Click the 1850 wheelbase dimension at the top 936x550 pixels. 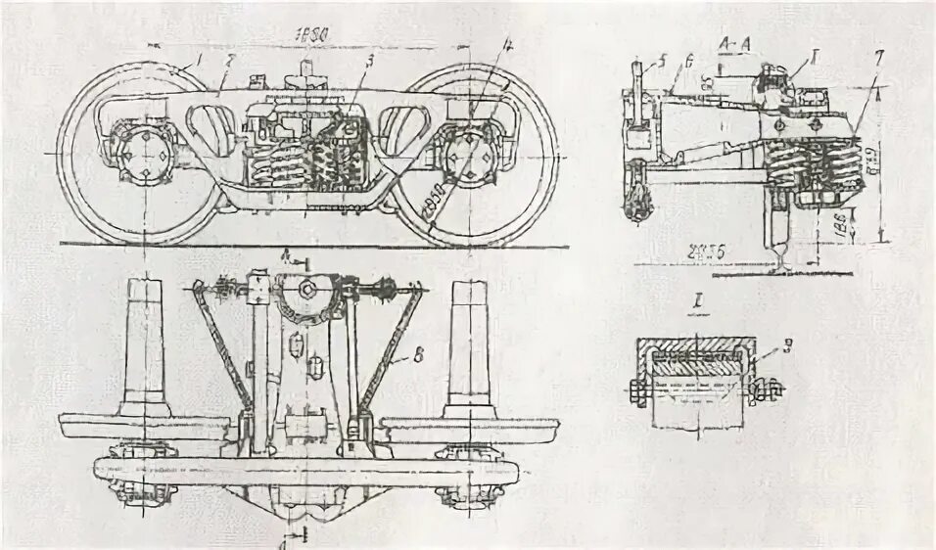pos(311,33)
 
